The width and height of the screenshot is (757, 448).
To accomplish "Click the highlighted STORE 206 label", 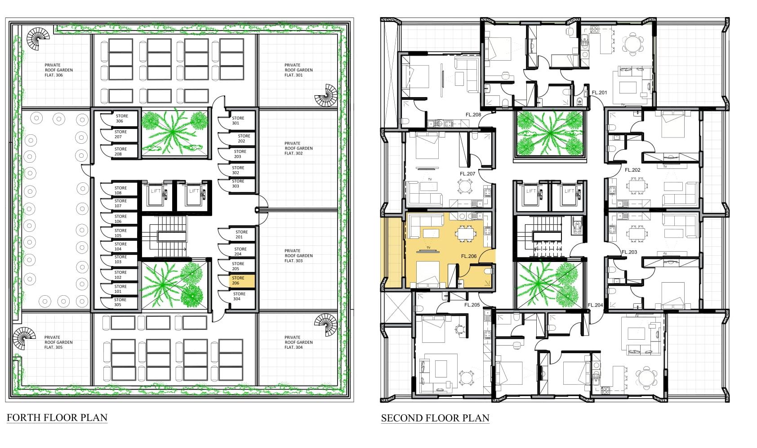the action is [x=238, y=280].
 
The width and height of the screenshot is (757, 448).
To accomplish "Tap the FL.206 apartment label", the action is [x=469, y=256].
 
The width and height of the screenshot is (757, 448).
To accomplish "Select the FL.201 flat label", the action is [x=599, y=92].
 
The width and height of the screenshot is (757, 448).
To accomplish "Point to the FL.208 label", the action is [x=473, y=115].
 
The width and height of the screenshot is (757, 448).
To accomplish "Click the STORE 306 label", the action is [x=122, y=118].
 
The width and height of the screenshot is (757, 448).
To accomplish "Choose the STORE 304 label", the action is [x=239, y=296].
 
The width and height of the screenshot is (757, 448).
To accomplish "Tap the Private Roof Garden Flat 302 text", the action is [x=298, y=148].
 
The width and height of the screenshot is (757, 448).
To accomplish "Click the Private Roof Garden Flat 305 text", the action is [x=58, y=342].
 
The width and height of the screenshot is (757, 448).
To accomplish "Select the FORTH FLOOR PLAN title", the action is [x=57, y=417].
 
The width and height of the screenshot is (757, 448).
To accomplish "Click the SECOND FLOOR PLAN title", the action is [x=435, y=418].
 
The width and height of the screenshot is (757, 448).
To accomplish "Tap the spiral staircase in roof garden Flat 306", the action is [x=38, y=39].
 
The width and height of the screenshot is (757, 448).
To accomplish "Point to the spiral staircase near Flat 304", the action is [x=326, y=325].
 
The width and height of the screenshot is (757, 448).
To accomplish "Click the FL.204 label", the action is [x=595, y=305].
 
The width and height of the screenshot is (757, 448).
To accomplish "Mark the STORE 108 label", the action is [x=120, y=191].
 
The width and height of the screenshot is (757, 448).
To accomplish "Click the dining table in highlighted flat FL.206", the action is [x=466, y=233].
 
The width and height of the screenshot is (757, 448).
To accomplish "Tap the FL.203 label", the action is [x=629, y=252].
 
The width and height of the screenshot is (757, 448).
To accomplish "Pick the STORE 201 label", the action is [x=241, y=235].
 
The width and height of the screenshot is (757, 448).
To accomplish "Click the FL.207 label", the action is [x=468, y=173].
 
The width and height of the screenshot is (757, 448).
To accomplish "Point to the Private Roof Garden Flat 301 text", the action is [x=298, y=70].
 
